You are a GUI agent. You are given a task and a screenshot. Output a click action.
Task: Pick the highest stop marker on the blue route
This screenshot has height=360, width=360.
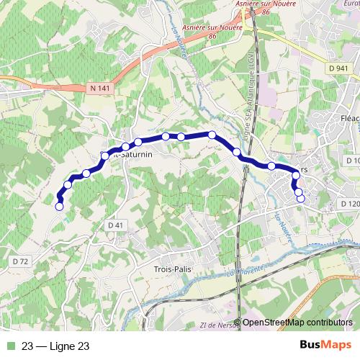[212, 135]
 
